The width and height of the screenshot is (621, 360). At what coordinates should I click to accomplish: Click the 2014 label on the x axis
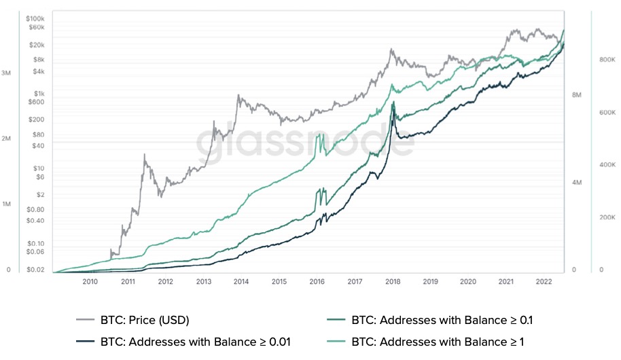click(x=241, y=281)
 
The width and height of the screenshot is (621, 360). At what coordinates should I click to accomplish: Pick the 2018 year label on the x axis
click(x=392, y=281)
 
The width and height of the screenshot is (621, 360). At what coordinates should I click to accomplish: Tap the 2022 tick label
click(x=544, y=281)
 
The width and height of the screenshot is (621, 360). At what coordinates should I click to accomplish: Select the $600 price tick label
click(x=36, y=103)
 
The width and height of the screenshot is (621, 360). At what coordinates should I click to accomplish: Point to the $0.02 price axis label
click(x=35, y=270)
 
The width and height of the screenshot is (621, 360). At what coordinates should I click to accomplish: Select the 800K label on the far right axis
click(x=607, y=60)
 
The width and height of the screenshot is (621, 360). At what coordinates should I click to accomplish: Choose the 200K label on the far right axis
click(x=607, y=217)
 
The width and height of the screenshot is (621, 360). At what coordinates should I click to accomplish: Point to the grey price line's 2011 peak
click(x=145, y=155)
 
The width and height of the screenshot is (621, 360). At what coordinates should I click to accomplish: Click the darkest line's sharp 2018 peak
click(x=393, y=103)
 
